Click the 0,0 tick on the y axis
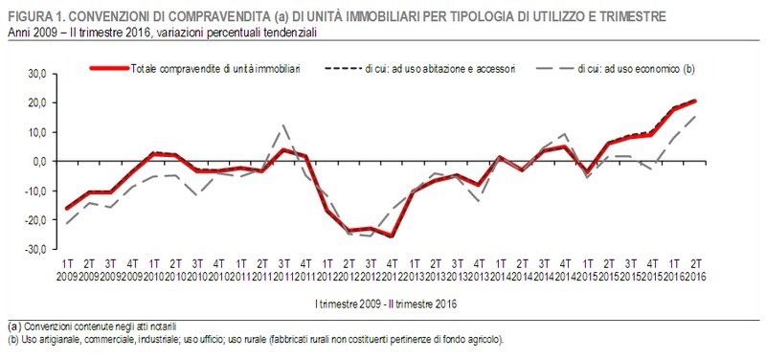(x=38, y=161)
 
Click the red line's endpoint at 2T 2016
(x=694, y=101)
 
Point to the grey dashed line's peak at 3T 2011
(x=283, y=125)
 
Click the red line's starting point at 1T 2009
(x=68, y=208)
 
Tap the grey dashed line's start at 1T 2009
(x=68, y=223)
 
